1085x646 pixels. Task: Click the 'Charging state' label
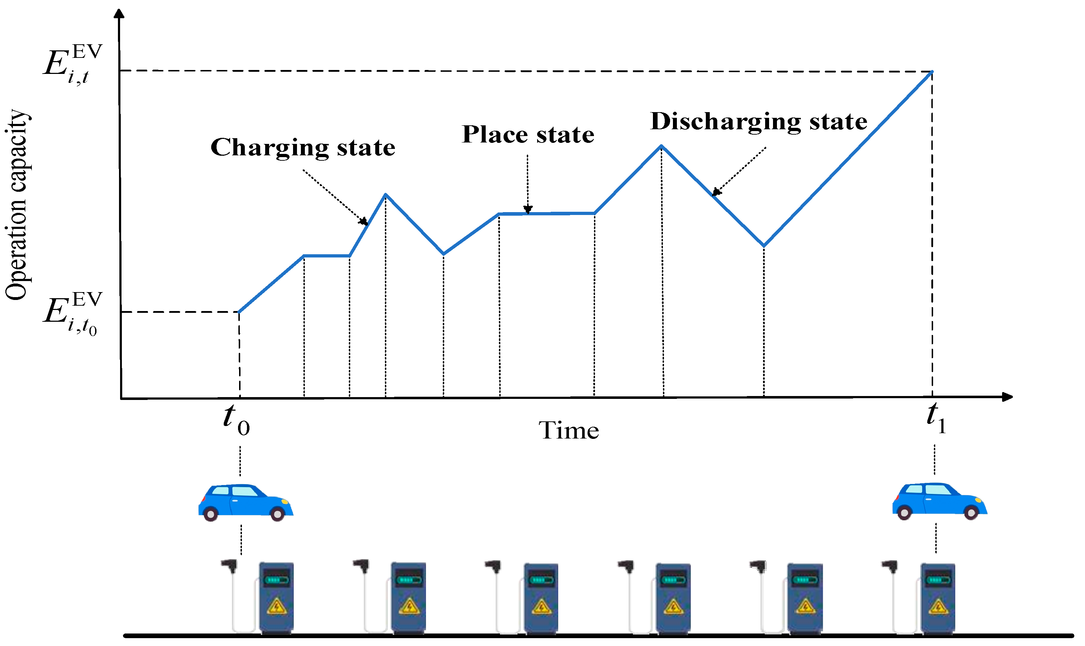tap(303, 147)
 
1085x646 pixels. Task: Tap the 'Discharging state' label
tap(758, 121)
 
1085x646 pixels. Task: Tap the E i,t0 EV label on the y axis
tap(72, 313)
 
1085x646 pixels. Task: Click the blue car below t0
tap(246, 502)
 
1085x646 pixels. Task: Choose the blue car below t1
tap(940, 501)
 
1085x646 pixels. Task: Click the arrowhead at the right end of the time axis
tap(1007, 397)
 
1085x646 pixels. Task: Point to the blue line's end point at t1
tap(932, 71)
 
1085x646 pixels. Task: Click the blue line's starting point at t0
tap(239, 312)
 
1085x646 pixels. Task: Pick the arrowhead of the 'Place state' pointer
tap(527, 210)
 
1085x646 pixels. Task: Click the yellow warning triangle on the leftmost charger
tap(276, 606)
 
